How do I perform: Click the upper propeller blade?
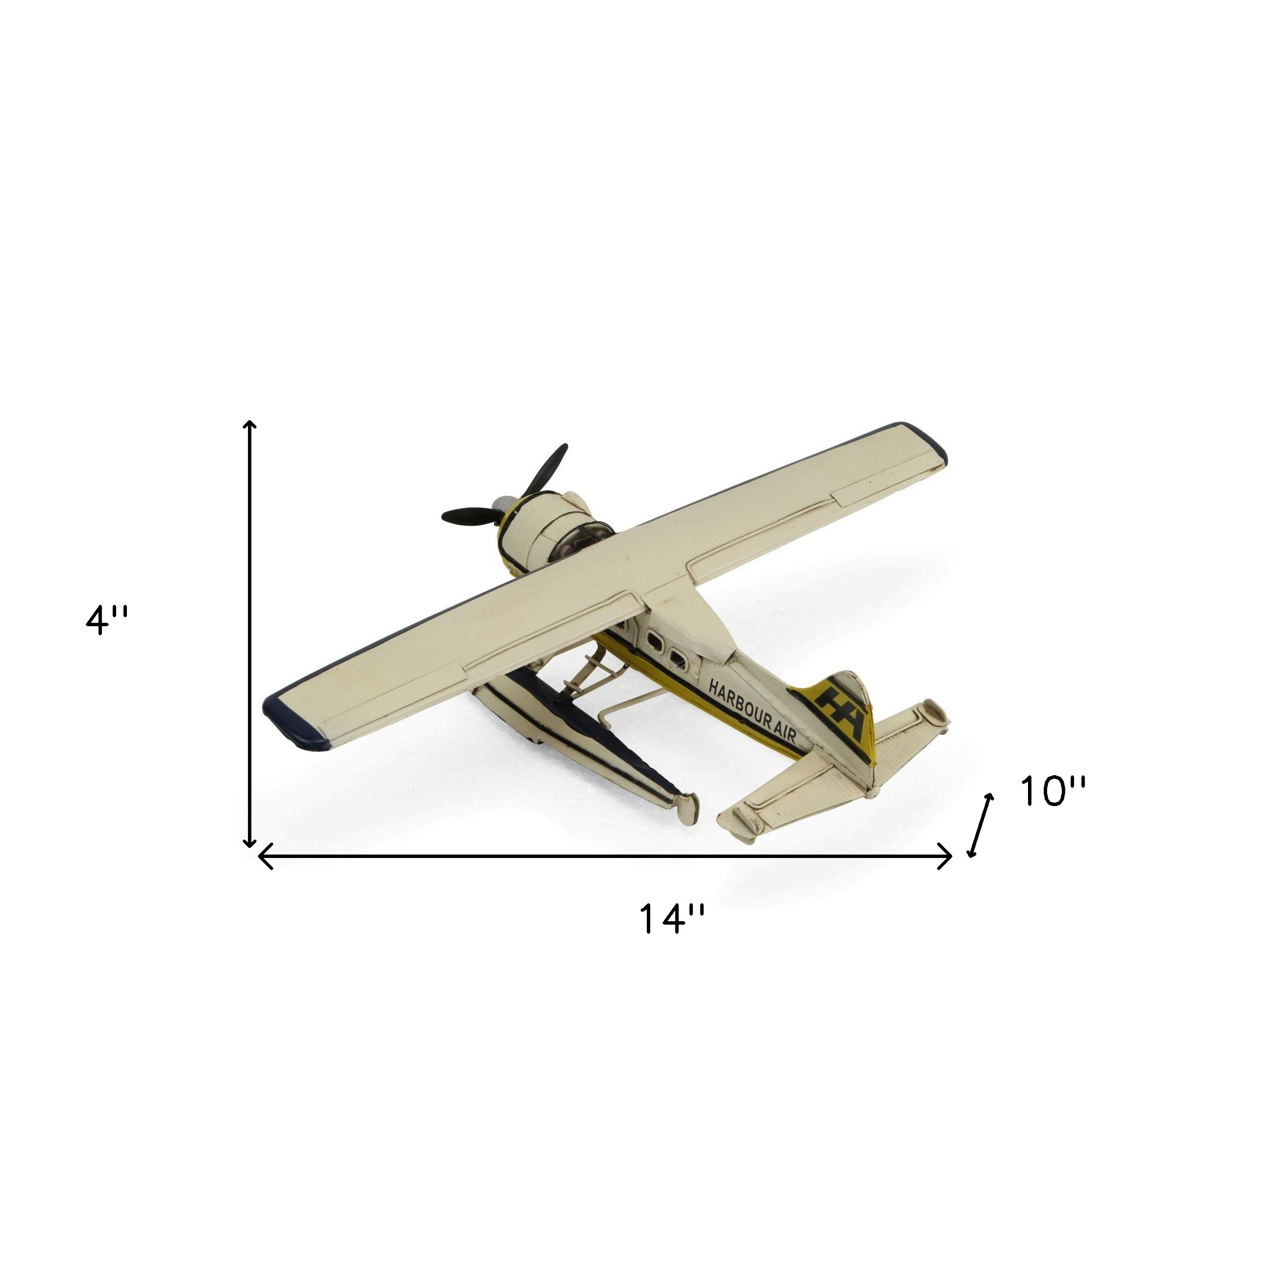point(545,469)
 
